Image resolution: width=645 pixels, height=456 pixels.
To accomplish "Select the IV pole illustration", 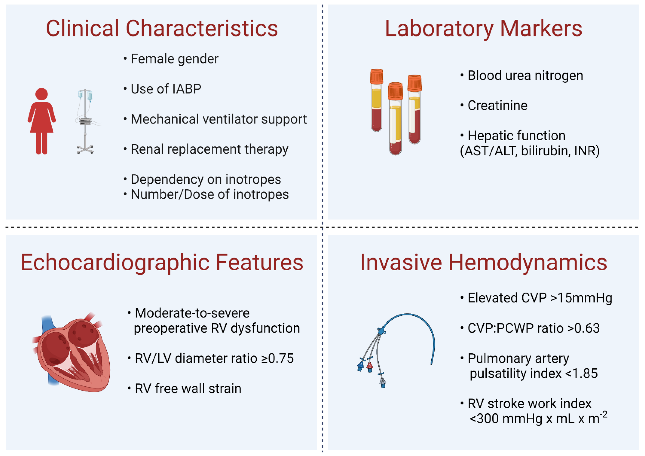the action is tap(86, 122).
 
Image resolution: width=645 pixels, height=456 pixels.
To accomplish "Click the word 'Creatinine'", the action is tap(497, 106).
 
